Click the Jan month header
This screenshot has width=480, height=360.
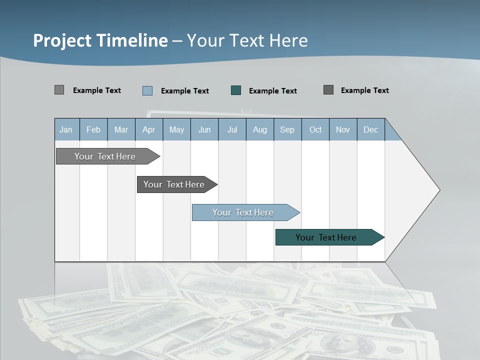pyautogui.click(x=66, y=129)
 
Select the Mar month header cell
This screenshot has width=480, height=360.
pyautogui.click(x=121, y=129)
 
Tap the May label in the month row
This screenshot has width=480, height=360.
pyautogui.click(x=176, y=129)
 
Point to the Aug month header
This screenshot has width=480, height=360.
pyautogui.click(x=259, y=129)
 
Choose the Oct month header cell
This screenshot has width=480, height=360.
pyautogui.click(x=315, y=129)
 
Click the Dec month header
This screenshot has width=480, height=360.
pyautogui.click(x=370, y=129)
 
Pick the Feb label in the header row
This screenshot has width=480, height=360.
pyautogui.click(x=93, y=129)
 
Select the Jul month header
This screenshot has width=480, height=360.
pyautogui.click(x=232, y=129)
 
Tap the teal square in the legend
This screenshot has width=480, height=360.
pyautogui.click(x=236, y=90)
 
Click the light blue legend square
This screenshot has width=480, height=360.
pyautogui.click(x=147, y=90)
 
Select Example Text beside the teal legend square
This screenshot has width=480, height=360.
pyautogui.click(x=272, y=90)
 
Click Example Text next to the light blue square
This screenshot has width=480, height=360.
pyautogui.click(x=184, y=90)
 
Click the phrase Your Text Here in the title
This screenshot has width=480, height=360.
pyautogui.click(x=247, y=40)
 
